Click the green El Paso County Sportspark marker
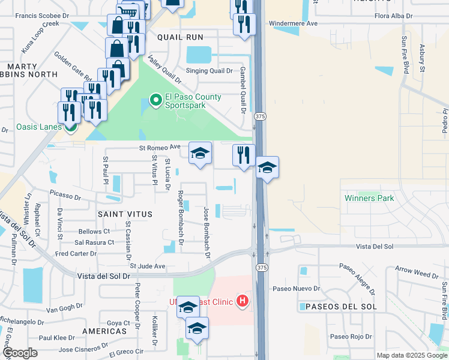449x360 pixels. (155, 100)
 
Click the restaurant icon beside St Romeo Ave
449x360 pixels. (244, 156)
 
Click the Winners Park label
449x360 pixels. (369, 198)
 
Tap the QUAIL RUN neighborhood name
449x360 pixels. (180, 37)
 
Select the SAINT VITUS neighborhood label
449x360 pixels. (125, 214)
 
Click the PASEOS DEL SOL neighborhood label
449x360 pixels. (340, 307)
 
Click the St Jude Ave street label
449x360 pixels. (147, 266)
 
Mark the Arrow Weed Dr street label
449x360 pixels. (418, 274)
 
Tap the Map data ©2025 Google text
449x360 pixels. (411, 355)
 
